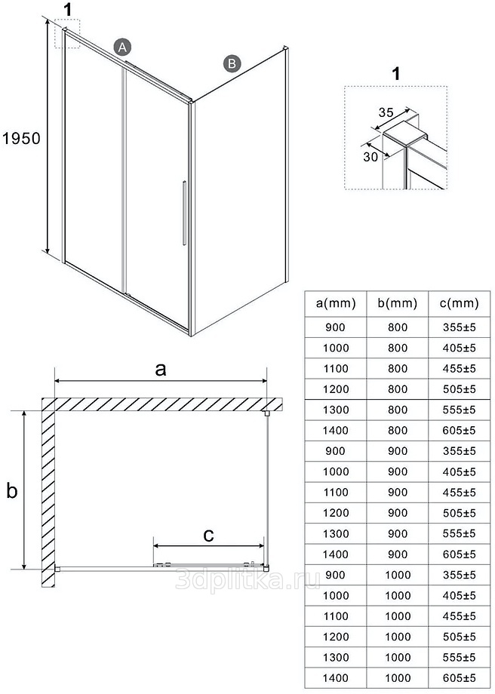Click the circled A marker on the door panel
pyautogui.click(x=122, y=47)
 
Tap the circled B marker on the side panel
pyautogui.click(x=232, y=63)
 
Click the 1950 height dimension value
pyautogui.click(x=21, y=139)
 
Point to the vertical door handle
pyautogui.click(x=184, y=213)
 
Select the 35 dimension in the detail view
pyautogui.click(x=386, y=112)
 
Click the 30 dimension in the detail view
pyautogui.click(x=370, y=157)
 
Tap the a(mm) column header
pyautogui.click(x=336, y=303)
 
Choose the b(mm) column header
pyautogui.click(x=397, y=303)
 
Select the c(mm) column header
pyautogui.click(x=459, y=303)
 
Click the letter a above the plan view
pyautogui.click(x=161, y=369)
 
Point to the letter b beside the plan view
pyautogui.click(x=12, y=490)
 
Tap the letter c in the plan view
pyautogui.click(x=208, y=535)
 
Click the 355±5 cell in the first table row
pyautogui.click(x=459, y=327)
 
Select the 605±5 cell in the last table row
pyautogui.click(x=459, y=677)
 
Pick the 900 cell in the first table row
pyautogui.click(x=335, y=327)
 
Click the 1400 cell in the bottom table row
pyautogui.click(x=336, y=677)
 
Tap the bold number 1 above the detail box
pyautogui.click(x=396, y=73)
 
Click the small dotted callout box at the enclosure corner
pyautogui.click(x=67, y=34)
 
